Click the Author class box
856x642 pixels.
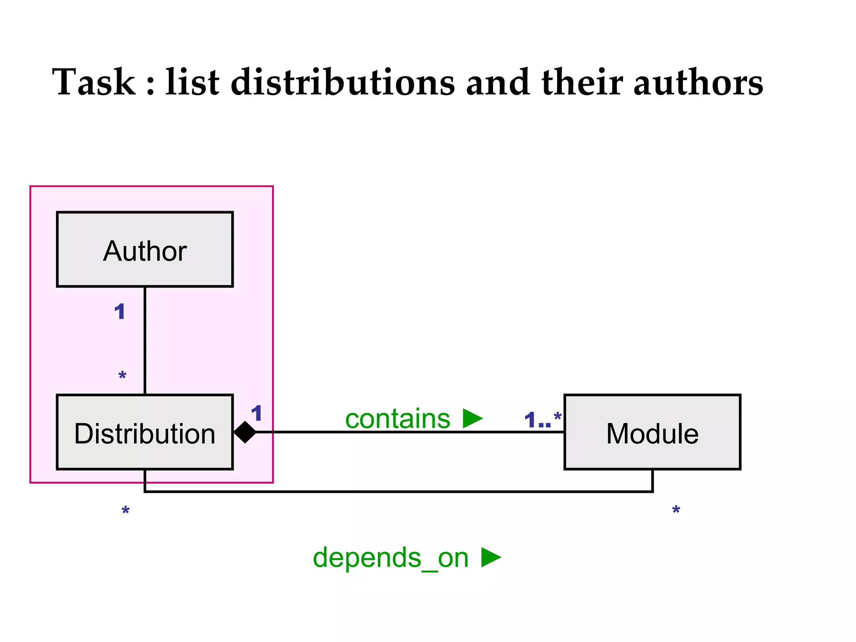145,250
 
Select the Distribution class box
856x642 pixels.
145,432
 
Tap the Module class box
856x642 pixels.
652,432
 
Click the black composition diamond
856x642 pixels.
245,432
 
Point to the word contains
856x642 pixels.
397,419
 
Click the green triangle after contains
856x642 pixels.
472,418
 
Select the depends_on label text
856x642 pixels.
390,558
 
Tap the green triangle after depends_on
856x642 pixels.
491,557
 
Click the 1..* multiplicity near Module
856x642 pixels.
542,420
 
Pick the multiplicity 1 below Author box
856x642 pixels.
120,312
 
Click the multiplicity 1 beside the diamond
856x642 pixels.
256,413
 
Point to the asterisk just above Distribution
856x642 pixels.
122,375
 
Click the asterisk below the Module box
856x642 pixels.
676,510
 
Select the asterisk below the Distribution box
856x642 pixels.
125,511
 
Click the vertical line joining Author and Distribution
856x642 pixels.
145,341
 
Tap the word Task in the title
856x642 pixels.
94,82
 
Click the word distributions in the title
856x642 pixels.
342,82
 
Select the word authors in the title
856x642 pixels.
698,82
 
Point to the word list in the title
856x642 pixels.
192,82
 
